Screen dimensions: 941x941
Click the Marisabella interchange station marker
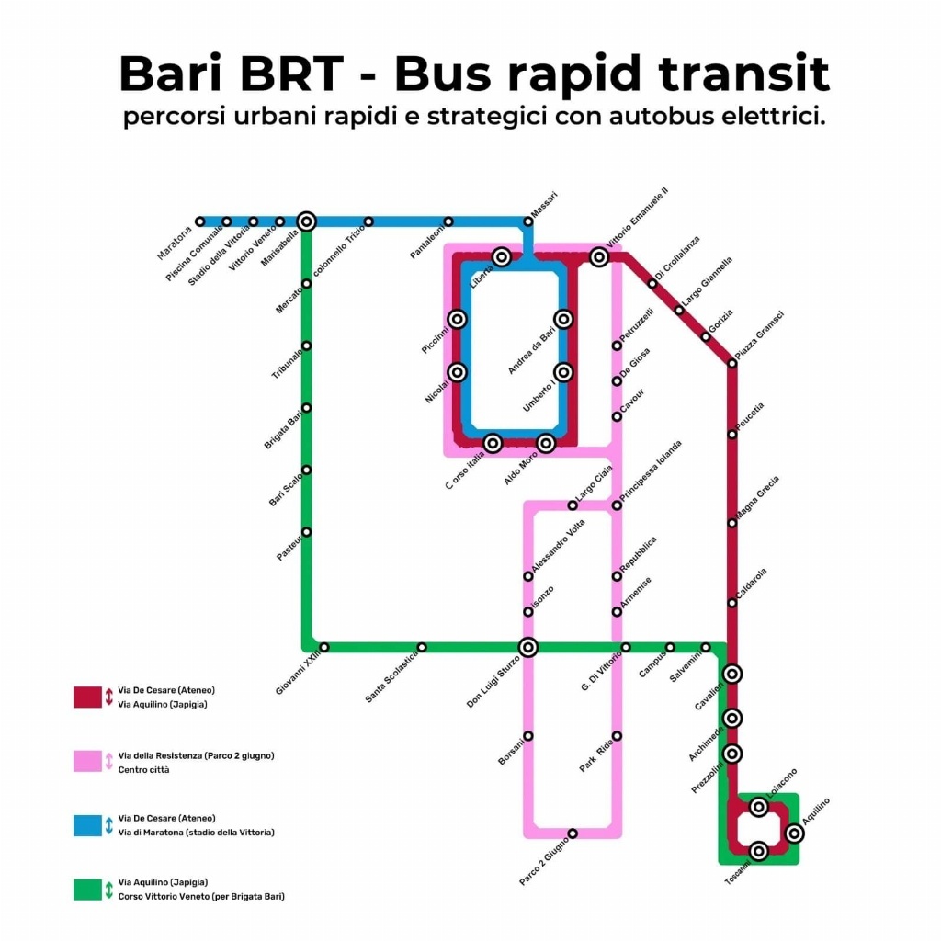tap(307, 221)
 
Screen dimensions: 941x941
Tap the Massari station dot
tap(527, 221)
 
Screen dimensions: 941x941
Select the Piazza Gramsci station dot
tap(732, 364)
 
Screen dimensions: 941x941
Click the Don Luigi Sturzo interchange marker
tap(527, 647)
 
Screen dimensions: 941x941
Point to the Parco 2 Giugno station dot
tap(573, 833)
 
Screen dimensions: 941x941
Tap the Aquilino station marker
tap(795, 833)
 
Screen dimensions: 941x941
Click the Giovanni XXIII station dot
tap(323, 647)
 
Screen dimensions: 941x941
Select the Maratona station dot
tap(199, 221)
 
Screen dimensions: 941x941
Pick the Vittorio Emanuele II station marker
tap(599, 257)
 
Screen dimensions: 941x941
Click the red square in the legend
tap(87, 697)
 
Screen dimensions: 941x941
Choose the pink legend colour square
tap(87, 762)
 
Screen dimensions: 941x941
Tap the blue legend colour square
tap(87, 824)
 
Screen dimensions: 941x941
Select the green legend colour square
tap(87, 889)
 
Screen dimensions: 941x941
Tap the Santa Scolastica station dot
tap(422, 647)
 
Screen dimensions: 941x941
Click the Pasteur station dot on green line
tap(306, 532)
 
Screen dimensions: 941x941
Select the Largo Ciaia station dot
tap(573, 505)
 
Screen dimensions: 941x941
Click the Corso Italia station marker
tap(493, 444)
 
